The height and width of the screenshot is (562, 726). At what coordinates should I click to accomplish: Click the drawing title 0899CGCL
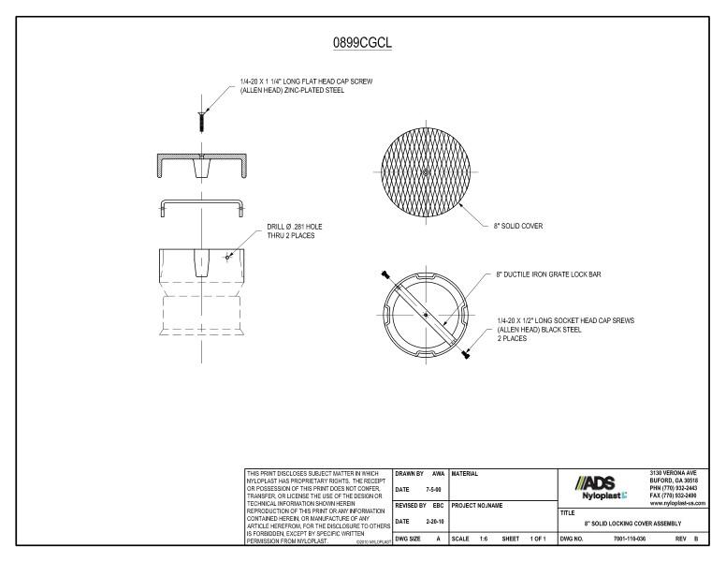363,43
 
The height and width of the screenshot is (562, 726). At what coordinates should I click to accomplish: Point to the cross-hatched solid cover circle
426,172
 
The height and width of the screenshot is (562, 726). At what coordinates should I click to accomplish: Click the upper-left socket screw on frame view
385,274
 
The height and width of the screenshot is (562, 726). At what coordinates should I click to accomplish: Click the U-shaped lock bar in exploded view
200,206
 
